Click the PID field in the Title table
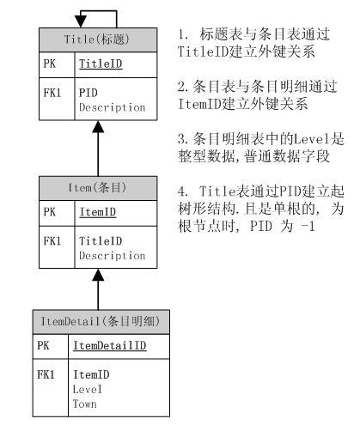point(88,90)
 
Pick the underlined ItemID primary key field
point(97,211)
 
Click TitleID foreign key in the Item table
point(99,241)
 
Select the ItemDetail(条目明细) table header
point(99,320)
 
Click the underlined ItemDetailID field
point(109,344)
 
